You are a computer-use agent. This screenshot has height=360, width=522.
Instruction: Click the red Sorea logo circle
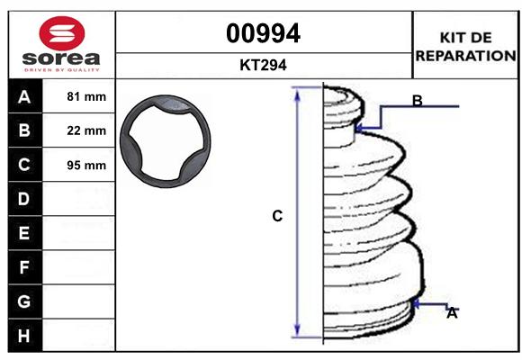tap(60, 33)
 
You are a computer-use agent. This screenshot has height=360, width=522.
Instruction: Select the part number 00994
tap(263, 33)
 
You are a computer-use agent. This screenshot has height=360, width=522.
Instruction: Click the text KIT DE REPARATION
tap(465, 47)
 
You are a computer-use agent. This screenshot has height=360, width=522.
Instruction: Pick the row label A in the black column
tap(23, 96)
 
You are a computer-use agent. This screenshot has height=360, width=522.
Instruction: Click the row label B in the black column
tap(23, 130)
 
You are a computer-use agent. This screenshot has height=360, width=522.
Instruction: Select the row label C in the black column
tap(23, 165)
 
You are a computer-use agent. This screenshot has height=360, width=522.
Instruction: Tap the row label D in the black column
tap(23, 199)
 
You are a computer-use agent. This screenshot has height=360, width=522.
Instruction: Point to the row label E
tap(23, 233)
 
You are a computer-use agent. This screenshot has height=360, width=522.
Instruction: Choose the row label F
tap(23, 267)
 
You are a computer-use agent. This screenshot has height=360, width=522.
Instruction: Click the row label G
tap(23, 301)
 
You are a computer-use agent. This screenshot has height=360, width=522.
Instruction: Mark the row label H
tap(23, 336)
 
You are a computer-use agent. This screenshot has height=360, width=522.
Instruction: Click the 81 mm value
tap(86, 96)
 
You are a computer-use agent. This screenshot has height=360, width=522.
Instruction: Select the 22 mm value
tap(86, 130)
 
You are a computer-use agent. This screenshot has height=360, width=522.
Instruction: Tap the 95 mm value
tap(86, 165)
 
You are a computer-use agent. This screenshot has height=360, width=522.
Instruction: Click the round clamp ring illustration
tap(169, 142)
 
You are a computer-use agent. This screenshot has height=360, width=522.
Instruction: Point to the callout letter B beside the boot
tap(417, 101)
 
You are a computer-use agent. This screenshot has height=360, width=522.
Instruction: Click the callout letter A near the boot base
tap(452, 313)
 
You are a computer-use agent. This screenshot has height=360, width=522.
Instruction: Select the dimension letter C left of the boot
tap(277, 216)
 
